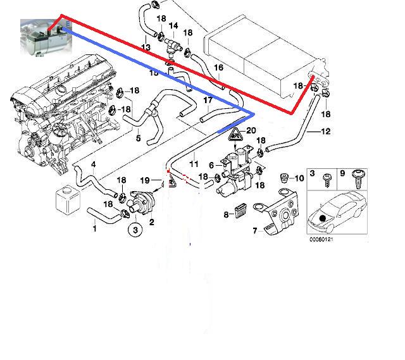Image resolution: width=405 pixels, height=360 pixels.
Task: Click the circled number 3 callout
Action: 135,230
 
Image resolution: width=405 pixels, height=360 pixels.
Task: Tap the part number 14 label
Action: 173,26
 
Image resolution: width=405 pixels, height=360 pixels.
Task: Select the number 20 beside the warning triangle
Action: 251,132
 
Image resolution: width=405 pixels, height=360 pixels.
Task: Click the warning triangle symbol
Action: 236,134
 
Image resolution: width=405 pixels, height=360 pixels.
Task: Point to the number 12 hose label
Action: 326,132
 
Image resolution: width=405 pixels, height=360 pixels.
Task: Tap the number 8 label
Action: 226,215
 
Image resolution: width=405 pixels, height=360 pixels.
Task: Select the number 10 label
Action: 299,179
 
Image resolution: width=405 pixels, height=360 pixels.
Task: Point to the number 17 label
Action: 208,101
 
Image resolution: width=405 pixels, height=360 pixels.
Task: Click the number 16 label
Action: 218,68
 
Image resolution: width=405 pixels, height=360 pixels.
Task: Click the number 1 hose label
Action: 95,228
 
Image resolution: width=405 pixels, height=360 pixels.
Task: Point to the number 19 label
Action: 144,180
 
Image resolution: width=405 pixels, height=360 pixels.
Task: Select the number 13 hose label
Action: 146,47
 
